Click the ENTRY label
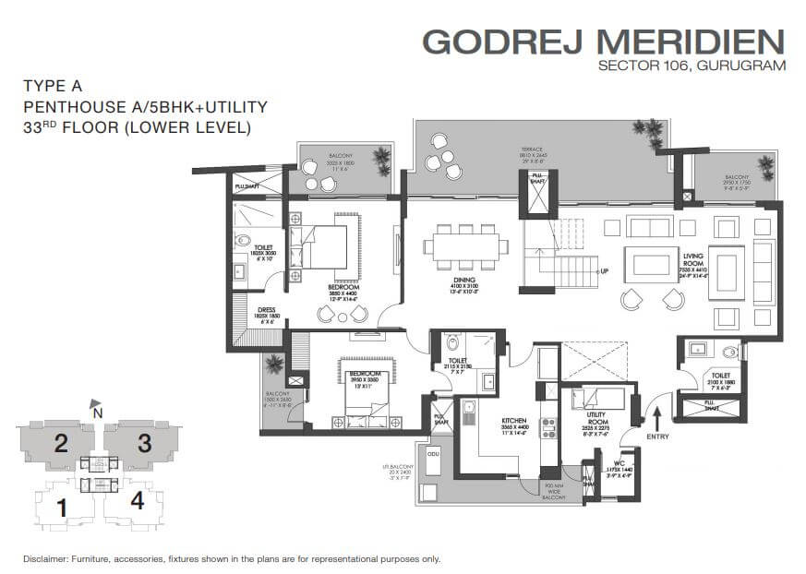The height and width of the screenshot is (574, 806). [656, 436]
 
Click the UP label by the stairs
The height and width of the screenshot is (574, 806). [605, 271]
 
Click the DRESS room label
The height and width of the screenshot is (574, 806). [267, 310]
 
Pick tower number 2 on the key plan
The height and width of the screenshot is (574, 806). [61, 443]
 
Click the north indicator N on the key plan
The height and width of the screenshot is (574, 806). [98, 413]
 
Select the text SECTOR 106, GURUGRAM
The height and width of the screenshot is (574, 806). [692, 66]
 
